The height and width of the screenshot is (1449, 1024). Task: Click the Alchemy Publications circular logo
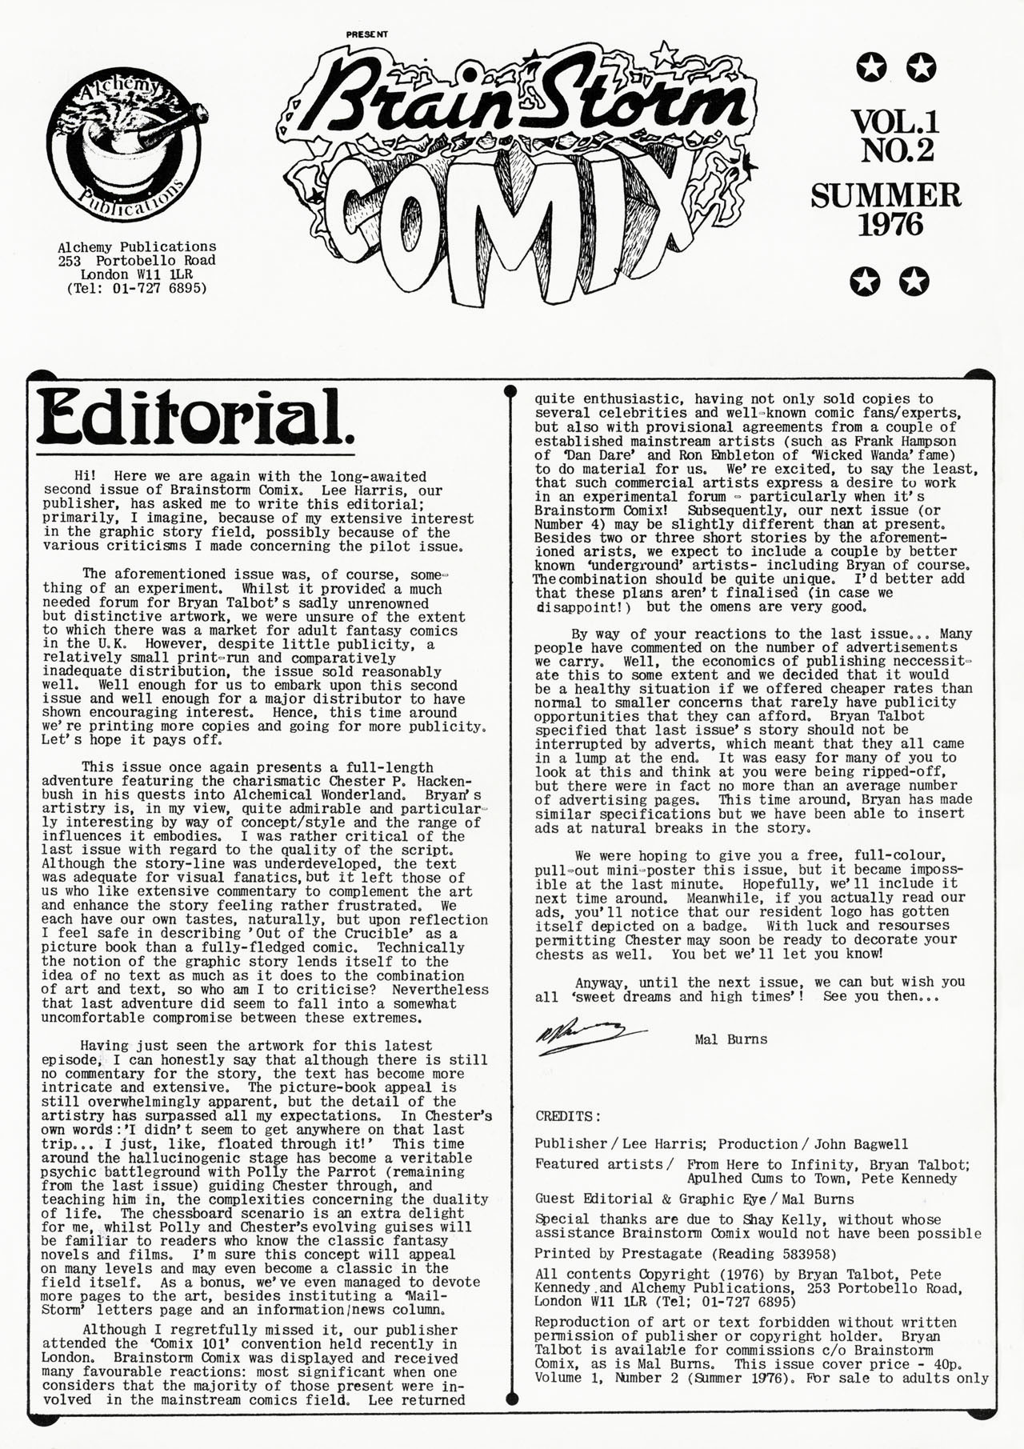pyautogui.click(x=123, y=149)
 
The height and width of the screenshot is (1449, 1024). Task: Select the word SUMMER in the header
pyautogui.click(x=886, y=196)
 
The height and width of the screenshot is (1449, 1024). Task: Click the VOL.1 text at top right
pyautogui.click(x=895, y=122)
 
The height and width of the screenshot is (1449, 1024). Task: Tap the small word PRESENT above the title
pyautogui.click(x=367, y=35)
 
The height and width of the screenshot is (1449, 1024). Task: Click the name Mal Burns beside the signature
pyautogui.click(x=731, y=1039)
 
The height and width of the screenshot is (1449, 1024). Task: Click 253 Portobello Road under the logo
pyautogui.click(x=137, y=261)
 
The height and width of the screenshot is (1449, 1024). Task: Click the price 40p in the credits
pyautogui.click(x=943, y=1363)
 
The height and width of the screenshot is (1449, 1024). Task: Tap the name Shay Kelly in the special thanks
pyautogui.click(x=786, y=1219)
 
